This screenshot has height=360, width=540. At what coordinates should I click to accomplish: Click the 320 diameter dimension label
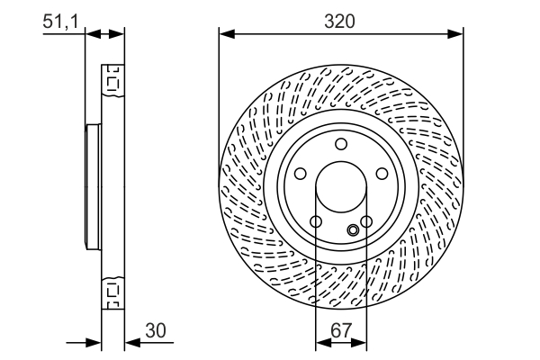click(x=341, y=21)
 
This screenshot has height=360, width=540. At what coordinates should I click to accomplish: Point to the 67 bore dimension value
click(x=341, y=331)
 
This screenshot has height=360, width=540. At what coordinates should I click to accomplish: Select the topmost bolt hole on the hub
click(x=341, y=144)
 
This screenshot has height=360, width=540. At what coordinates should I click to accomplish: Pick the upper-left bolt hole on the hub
click(x=299, y=175)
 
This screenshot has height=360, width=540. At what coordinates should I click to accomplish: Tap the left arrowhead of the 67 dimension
click(x=321, y=342)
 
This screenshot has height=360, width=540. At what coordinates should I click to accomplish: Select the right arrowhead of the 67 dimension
click(x=361, y=342)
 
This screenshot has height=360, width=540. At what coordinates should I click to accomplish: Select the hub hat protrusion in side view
click(x=92, y=188)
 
